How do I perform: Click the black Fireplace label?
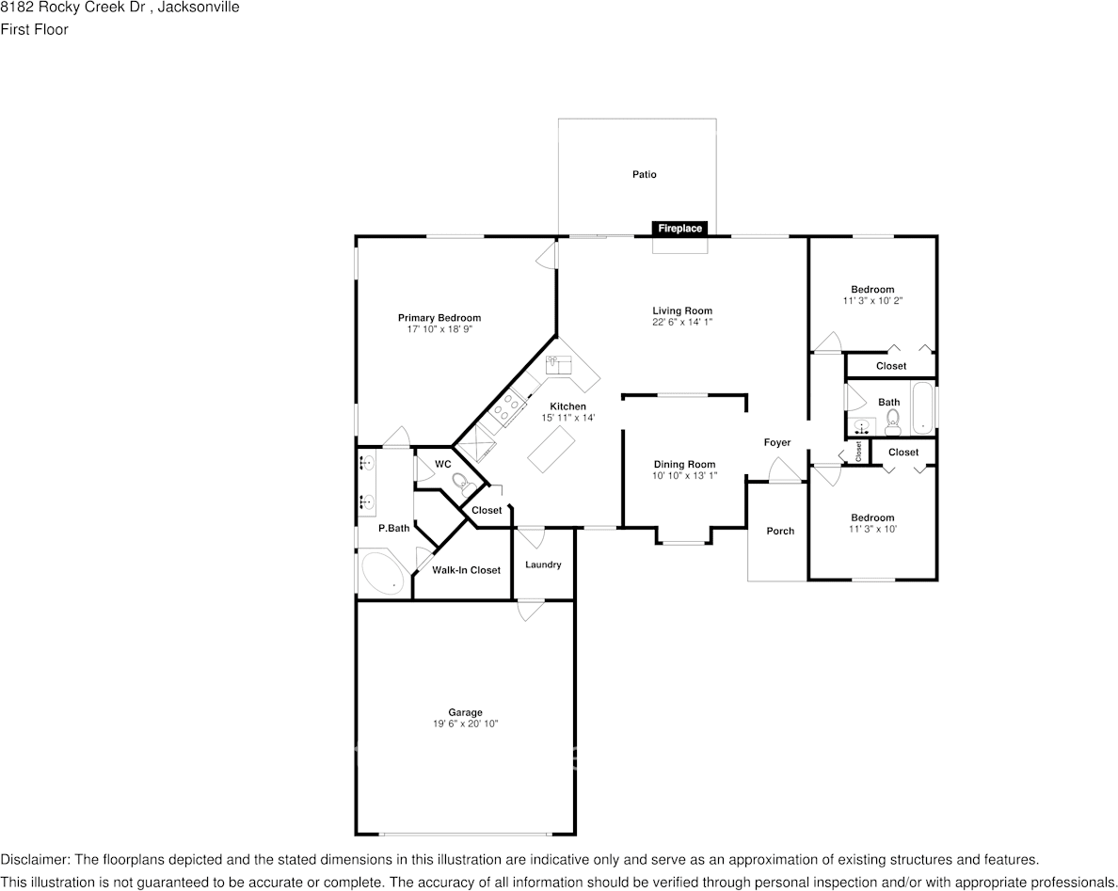[679, 228]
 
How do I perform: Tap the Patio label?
[645, 174]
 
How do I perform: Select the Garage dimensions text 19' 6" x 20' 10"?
[466, 724]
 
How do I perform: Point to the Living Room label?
[682, 310]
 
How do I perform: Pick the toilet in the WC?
[463, 484]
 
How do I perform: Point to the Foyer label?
[777, 442]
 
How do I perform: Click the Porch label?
[780, 531]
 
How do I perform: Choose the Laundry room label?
[543, 565]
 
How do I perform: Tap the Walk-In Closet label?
[467, 570]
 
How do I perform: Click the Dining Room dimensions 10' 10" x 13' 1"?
[684, 475]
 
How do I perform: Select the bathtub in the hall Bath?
[922, 409]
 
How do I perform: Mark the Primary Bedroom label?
[439, 318]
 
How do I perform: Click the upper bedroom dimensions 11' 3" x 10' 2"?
[872, 301]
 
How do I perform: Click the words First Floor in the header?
[34, 29]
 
